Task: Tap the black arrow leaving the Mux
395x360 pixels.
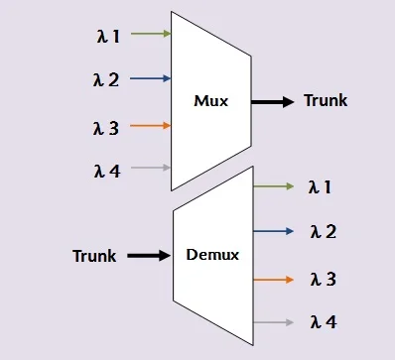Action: [x=271, y=101]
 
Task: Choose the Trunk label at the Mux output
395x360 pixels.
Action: [x=326, y=101]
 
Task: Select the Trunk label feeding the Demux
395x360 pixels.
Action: [x=94, y=256]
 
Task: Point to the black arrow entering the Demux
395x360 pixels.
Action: [x=147, y=256]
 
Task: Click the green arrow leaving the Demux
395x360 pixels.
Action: [x=275, y=185]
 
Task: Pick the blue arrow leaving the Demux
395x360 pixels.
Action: [x=275, y=232]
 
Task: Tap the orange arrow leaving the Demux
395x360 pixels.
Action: [x=275, y=279]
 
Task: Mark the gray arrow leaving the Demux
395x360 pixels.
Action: [x=275, y=322]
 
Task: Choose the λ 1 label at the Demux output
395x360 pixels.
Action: [x=322, y=186]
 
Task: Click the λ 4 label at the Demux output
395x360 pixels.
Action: [x=322, y=322]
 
